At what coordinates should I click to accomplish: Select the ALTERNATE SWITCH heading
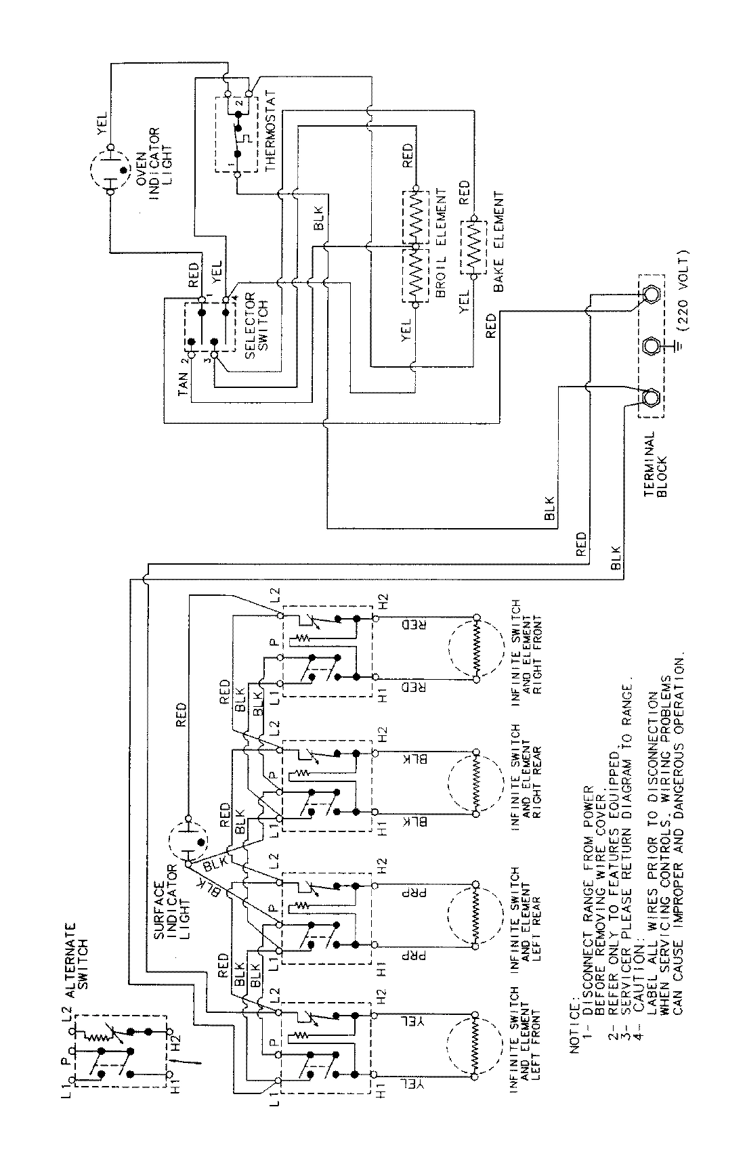79,955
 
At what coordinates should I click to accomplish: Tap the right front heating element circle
475,648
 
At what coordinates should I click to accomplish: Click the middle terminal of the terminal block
652,346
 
